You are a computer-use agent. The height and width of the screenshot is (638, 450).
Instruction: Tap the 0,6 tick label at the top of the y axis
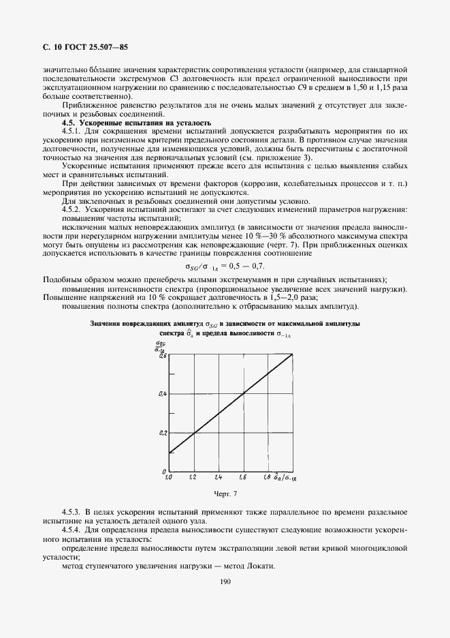[163, 356]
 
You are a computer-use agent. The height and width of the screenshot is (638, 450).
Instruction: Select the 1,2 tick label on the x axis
[193, 478]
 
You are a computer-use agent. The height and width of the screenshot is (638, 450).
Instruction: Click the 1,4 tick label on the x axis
[218, 478]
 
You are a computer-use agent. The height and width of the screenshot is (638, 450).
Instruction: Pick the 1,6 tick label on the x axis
[243, 478]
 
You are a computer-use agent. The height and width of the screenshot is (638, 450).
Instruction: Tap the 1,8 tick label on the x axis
[268, 478]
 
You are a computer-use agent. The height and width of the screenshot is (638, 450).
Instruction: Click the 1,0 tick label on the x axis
[169, 478]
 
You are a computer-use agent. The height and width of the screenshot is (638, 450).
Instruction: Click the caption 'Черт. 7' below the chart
[224, 493]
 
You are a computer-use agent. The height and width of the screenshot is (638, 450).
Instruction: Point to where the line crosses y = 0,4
[243, 393]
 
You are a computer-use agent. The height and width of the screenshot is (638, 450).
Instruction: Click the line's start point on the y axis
[168, 452]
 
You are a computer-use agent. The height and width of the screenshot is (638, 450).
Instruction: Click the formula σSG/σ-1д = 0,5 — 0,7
[225, 267]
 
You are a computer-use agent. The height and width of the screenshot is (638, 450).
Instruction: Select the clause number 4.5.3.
[71, 511]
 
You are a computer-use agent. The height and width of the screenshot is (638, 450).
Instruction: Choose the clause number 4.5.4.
[71, 530]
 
